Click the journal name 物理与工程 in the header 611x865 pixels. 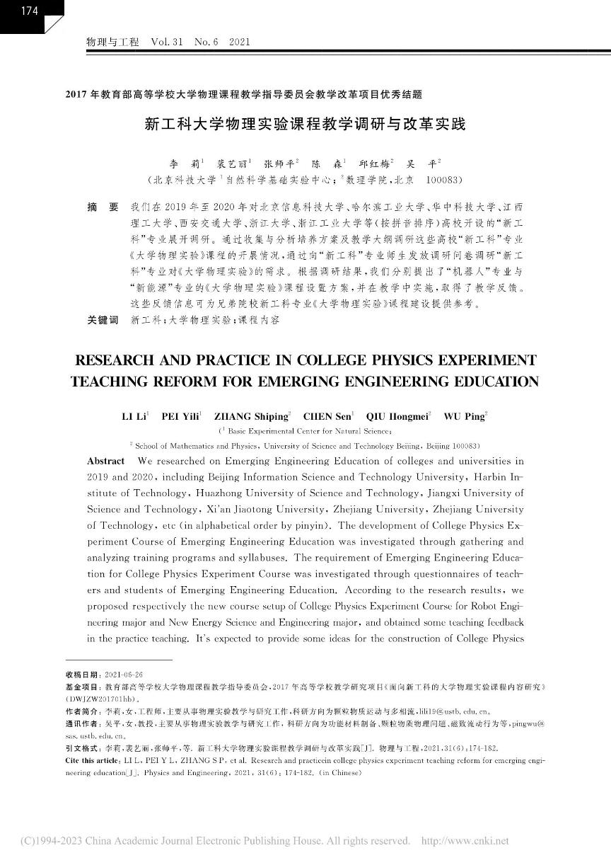click(112, 42)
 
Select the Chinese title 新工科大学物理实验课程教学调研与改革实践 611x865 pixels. click(305, 125)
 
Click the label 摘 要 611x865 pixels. click(103, 208)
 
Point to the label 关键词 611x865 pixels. click(103, 320)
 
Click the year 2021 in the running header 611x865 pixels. click(240, 42)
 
